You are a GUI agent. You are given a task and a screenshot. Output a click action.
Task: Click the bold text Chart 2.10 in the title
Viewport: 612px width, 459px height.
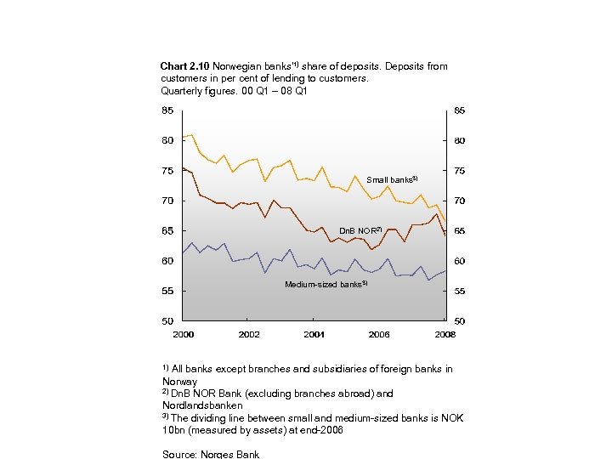point(184,66)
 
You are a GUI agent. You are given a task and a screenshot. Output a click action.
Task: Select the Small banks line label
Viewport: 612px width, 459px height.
point(390,179)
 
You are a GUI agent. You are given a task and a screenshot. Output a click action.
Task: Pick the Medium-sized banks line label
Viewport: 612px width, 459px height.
point(325,284)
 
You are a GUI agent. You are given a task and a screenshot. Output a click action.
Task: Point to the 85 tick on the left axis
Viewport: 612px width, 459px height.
point(167,110)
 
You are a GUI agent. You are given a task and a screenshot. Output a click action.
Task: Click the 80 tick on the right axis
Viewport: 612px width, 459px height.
point(459,140)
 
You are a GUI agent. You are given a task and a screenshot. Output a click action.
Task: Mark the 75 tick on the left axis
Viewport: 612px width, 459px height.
point(167,171)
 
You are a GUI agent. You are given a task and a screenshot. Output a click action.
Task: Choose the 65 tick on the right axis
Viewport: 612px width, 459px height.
point(459,231)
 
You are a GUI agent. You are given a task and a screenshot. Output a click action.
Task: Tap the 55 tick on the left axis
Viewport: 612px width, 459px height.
point(167,291)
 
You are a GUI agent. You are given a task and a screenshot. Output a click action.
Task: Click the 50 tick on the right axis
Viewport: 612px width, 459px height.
point(459,321)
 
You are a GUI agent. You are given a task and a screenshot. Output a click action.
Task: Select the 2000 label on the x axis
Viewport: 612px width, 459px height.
point(184,334)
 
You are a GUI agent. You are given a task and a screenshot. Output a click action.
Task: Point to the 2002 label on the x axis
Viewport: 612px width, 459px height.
point(249,334)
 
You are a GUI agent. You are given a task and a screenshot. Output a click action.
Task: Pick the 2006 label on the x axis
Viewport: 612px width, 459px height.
point(379,334)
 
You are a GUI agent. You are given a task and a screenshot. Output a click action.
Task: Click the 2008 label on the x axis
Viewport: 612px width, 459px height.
point(445,334)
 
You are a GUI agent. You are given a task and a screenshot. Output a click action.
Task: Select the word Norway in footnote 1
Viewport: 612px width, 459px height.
point(179,382)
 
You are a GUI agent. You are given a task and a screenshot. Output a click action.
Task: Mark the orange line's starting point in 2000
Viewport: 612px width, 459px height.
point(184,137)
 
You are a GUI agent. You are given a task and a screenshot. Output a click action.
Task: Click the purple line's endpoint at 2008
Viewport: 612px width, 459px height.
point(445,270)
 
